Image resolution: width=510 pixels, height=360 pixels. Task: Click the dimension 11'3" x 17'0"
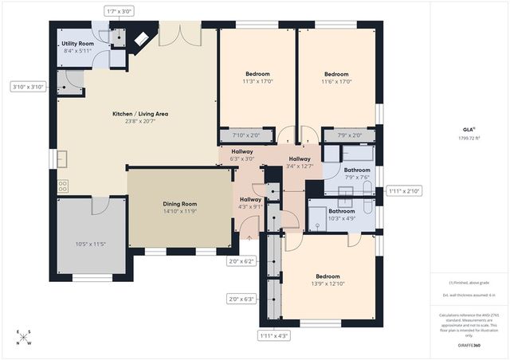click(257, 80)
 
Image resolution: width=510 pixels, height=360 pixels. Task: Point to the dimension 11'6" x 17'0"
click(336, 80)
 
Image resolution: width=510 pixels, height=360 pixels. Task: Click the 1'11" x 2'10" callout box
click(402, 191)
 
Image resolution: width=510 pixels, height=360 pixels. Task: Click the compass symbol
click(25, 337)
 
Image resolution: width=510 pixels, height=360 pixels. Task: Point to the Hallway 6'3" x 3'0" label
click(242, 155)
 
